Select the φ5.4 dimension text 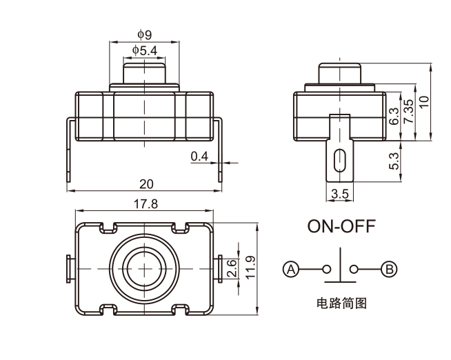click(x=145, y=50)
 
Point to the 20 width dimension click(x=146, y=183)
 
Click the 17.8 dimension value click(x=144, y=203)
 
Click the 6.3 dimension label click(x=394, y=116)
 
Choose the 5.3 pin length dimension click(x=394, y=161)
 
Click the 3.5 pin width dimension click(x=339, y=194)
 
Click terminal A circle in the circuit click(x=292, y=269)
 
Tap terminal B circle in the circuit click(x=390, y=269)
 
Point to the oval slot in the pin click(x=339, y=160)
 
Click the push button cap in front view click(x=146, y=72)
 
